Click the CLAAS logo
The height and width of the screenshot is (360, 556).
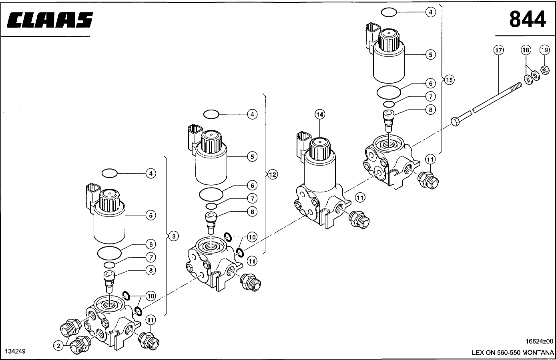click(x=50, y=20)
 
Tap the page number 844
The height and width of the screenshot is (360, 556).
click(x=528, y=19)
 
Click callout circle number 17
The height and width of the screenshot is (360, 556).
click(x=499, y=50)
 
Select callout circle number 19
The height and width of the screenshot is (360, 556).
click(x=544, y=50)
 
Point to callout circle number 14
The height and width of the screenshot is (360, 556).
click(x=320, y=114)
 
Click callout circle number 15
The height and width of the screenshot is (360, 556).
click(x=449, y=80)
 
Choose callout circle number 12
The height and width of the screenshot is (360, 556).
click(x=273, y=175)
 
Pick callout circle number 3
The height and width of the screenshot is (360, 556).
click(x=174, y=236)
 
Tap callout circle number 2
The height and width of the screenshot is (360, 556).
click(x=58, y=346)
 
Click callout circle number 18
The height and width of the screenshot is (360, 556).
click(x=526, y=50)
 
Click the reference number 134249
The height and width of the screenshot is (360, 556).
click(x=15, y=351)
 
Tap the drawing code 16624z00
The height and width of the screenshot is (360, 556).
click(x=539, y=341)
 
